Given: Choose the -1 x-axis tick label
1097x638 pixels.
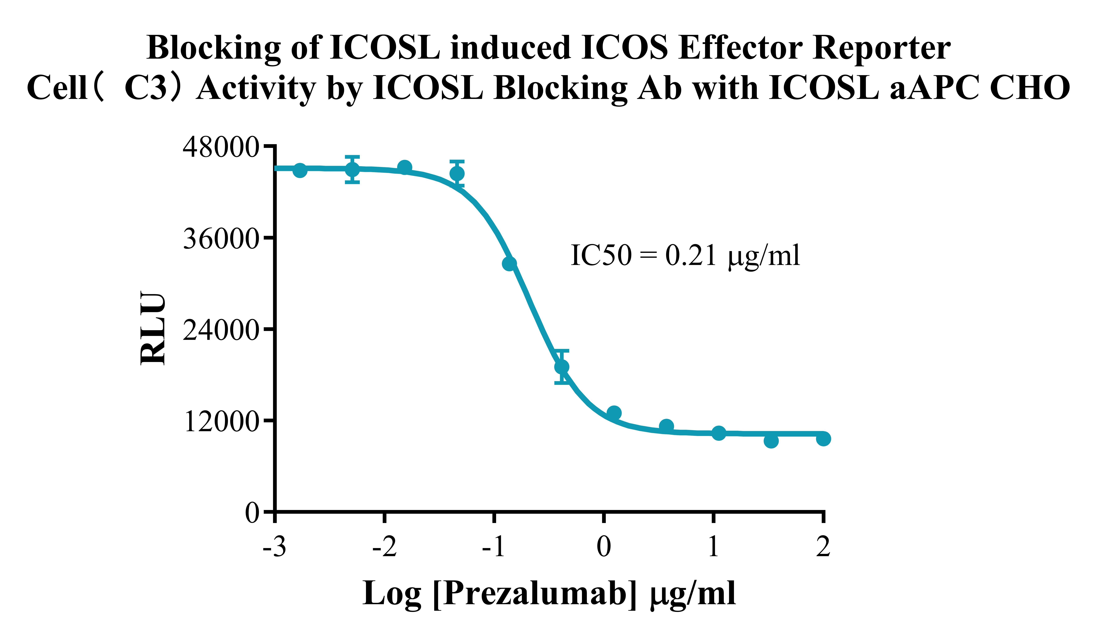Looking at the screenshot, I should pos(494,547).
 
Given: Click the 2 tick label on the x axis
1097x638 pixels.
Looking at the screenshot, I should pos(823,547).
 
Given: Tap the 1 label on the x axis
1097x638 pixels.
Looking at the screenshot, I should pos(713,547).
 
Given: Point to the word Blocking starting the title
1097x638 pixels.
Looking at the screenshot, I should pos(213,48).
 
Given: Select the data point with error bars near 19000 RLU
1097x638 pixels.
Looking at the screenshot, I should pos(562,367).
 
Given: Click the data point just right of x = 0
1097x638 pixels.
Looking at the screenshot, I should pos(614,413).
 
